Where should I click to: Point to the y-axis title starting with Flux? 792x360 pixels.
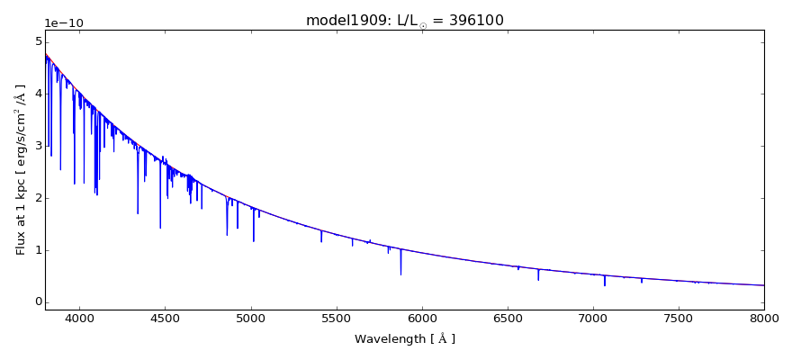point(21,169)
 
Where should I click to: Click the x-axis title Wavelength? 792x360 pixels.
point(405,339)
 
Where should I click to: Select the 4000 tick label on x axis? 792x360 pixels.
point(79,318)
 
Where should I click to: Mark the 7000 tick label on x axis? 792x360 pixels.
point(593,318)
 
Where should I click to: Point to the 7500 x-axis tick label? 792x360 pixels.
point(679,318)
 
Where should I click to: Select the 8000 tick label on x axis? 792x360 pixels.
point(764,318)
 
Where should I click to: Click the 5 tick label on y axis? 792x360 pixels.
point(37,41)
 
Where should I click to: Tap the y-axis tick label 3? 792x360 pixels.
point(37,146)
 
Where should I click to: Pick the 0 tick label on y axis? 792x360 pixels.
point(37,302)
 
